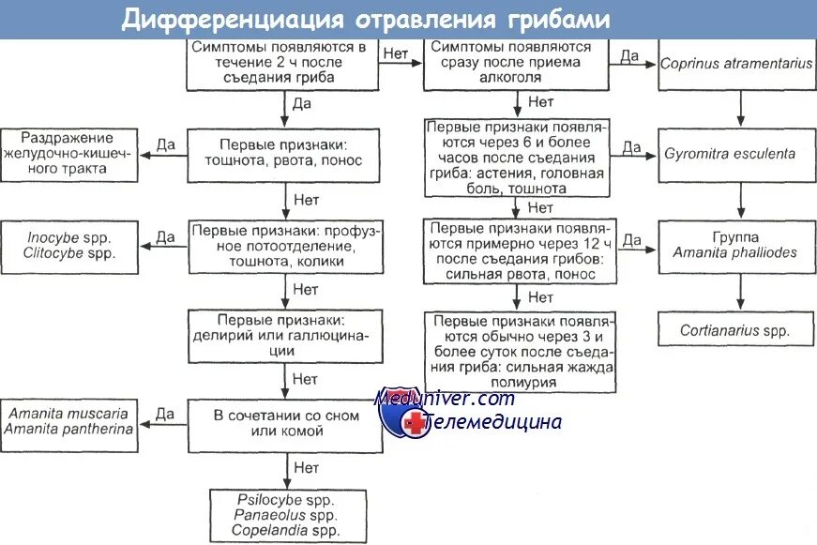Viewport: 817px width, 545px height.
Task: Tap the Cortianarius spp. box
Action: click(734, 330)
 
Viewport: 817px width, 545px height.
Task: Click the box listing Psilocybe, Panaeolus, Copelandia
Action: click(286, 516)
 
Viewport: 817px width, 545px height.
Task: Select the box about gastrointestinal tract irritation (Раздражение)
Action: click(69, 152)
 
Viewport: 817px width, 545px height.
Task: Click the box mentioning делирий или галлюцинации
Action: click(285, 335)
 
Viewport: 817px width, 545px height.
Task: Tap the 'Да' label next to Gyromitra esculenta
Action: click(631, 147)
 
